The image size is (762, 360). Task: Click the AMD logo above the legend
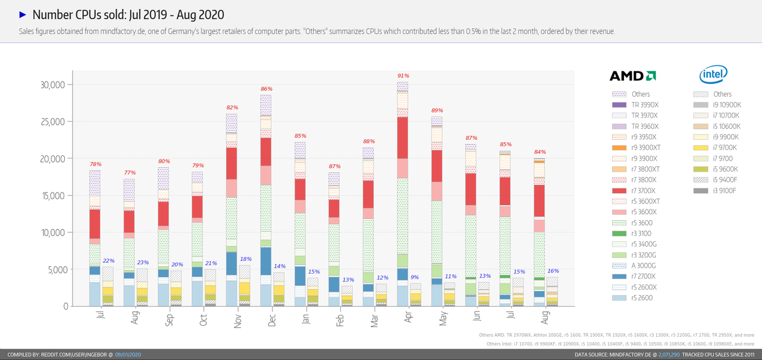632,76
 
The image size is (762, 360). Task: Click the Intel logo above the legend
713,75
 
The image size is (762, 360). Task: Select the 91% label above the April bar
403,76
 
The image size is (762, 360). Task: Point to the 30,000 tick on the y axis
52,85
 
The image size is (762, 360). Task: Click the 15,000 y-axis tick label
52,196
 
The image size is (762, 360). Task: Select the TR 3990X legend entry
644,105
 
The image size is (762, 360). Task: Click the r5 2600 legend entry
641,298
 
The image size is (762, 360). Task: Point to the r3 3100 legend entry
641,233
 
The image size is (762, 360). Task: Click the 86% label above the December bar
266,89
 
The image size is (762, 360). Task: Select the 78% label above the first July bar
95,164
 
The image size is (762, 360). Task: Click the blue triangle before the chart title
22,14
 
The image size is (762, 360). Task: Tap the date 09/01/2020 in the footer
128,355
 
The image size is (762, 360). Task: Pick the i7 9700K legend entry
725,148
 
